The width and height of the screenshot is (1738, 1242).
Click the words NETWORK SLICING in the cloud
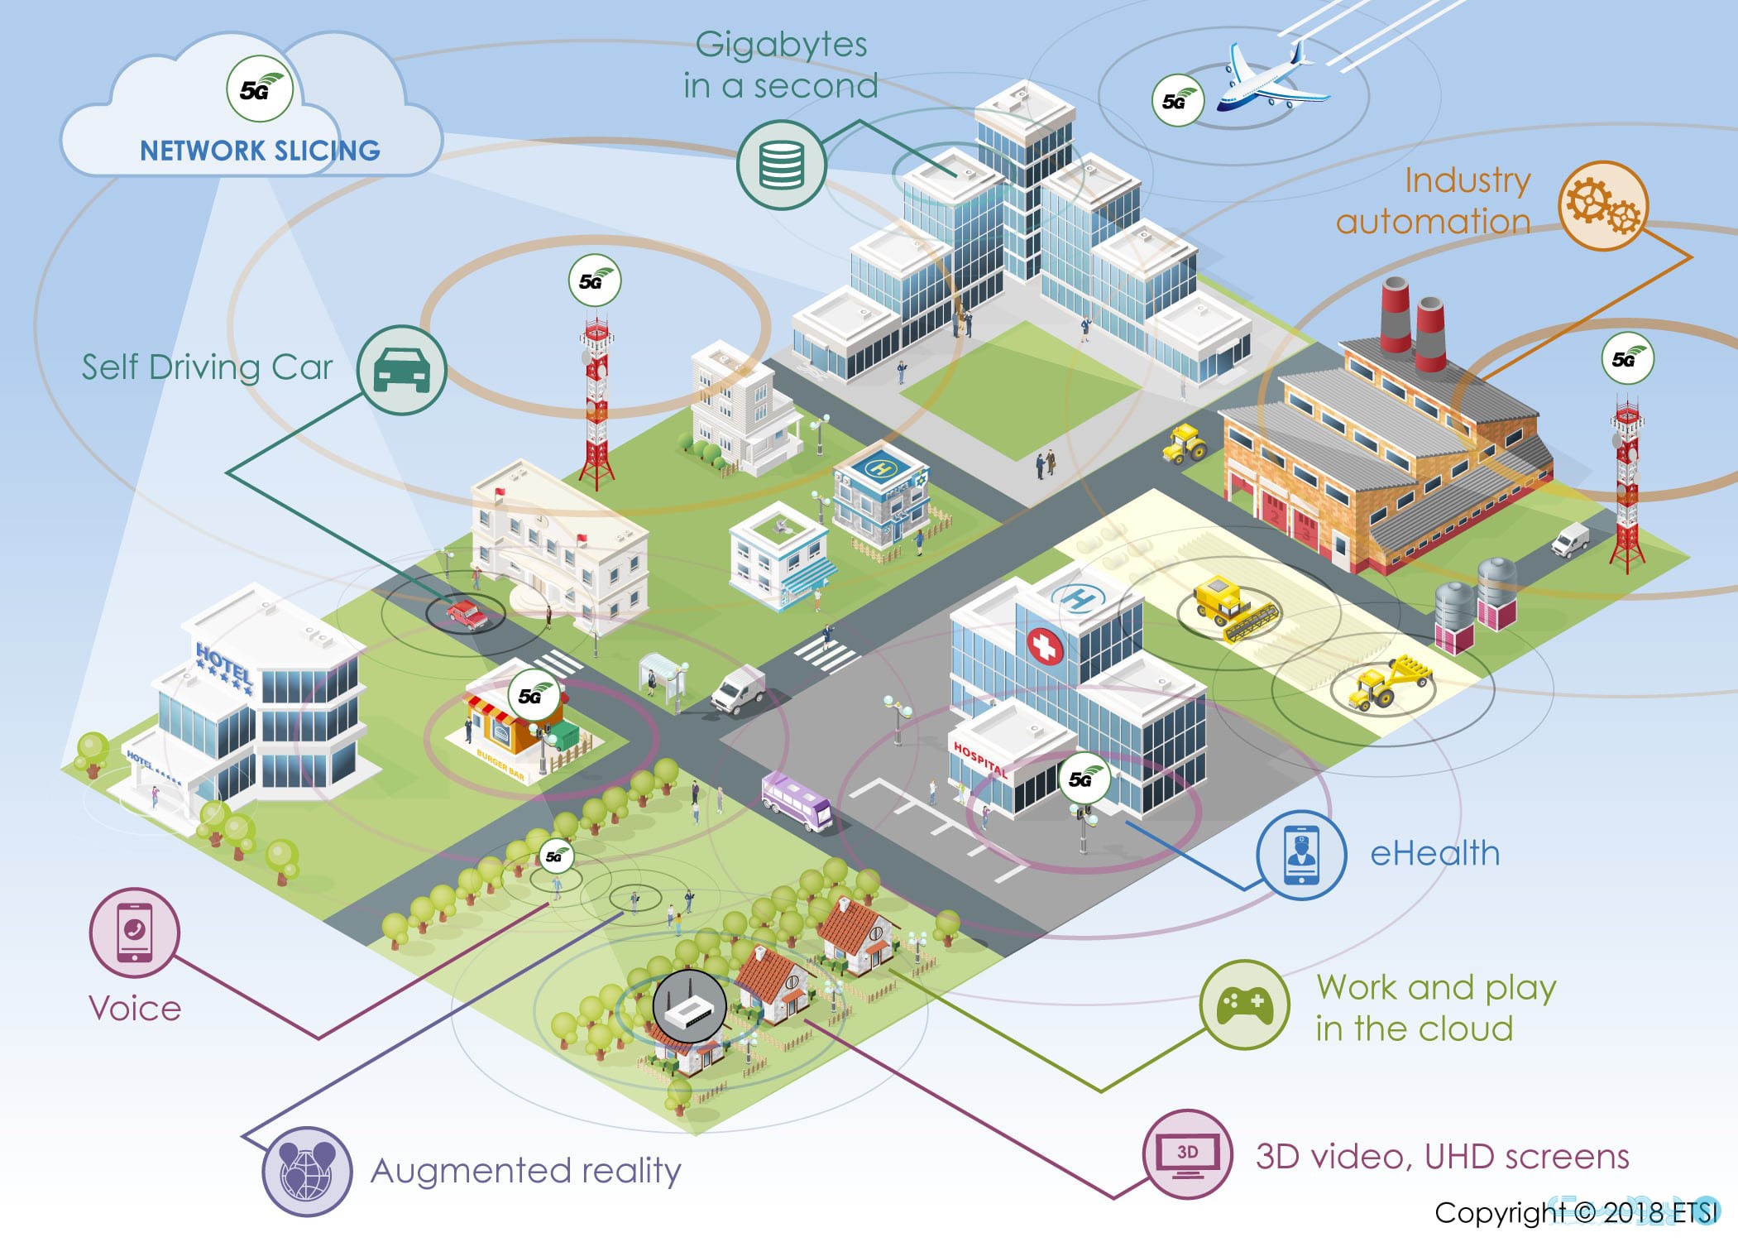point(260,151)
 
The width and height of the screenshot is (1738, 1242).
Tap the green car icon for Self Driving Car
point(402,370)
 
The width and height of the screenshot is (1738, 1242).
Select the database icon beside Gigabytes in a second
point(781,165)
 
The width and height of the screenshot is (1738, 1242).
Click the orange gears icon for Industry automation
point(1603,205)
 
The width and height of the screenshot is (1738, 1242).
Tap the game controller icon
point(1244,1005)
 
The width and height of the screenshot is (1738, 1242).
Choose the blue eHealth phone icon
point(1301,854)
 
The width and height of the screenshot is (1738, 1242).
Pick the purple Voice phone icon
point(134,932)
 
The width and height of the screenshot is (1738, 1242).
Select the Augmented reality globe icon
point(307,1171)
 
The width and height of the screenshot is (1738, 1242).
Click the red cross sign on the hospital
point(1045,646)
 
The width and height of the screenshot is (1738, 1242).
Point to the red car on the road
point(467,615)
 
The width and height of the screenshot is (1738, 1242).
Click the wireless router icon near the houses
point(689,1006)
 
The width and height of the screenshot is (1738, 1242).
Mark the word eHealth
point(1434,854)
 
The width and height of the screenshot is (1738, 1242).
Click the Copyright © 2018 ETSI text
point(1575,1212)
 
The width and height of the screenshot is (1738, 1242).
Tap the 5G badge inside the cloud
point(260,89)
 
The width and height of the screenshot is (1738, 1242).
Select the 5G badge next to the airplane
point(1177,101)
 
